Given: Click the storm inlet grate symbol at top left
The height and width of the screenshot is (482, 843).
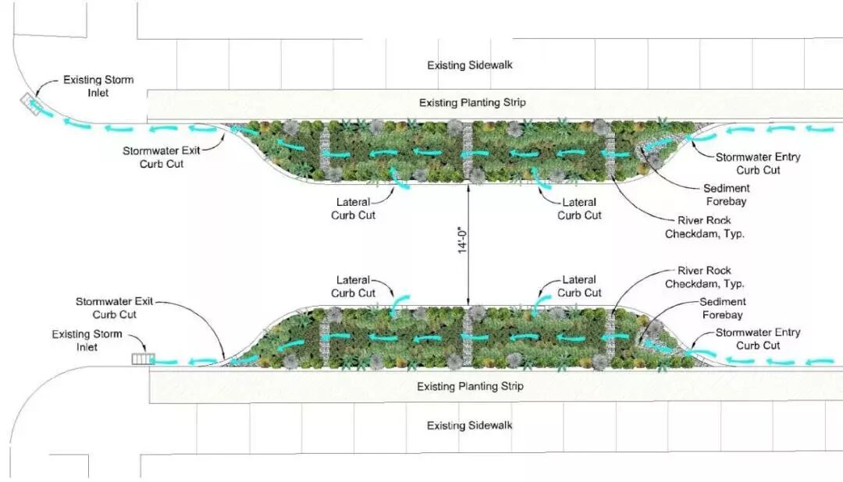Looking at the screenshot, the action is click(32, 105).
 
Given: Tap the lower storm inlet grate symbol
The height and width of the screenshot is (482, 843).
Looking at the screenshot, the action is click(144, 360).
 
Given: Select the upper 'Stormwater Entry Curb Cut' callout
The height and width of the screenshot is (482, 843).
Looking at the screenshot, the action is click(758, 164).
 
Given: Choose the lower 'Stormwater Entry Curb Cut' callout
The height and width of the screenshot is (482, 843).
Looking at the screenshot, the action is click(758, 339).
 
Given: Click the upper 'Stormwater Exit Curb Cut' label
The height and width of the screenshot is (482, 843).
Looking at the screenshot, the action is click(159, 158).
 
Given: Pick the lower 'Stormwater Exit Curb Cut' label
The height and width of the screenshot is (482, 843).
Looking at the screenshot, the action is click(116, 307).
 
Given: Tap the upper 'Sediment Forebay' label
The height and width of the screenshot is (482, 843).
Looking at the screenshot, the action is click(726, 195).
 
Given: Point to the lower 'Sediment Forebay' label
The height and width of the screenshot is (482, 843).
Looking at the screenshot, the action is click(722, 309).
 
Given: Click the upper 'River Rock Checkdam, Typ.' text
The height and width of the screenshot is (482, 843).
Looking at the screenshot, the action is click(699, 227).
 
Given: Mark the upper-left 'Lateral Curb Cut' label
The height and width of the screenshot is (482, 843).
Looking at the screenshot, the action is click(353, 209).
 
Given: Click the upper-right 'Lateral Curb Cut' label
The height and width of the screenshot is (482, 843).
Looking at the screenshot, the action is click(580, 209).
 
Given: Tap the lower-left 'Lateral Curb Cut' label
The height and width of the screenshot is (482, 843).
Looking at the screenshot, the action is click(353, 286).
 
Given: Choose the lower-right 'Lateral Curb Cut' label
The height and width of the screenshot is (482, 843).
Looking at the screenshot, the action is click(580, 286).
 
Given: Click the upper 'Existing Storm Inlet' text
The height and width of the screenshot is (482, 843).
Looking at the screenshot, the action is click(98, 87).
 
